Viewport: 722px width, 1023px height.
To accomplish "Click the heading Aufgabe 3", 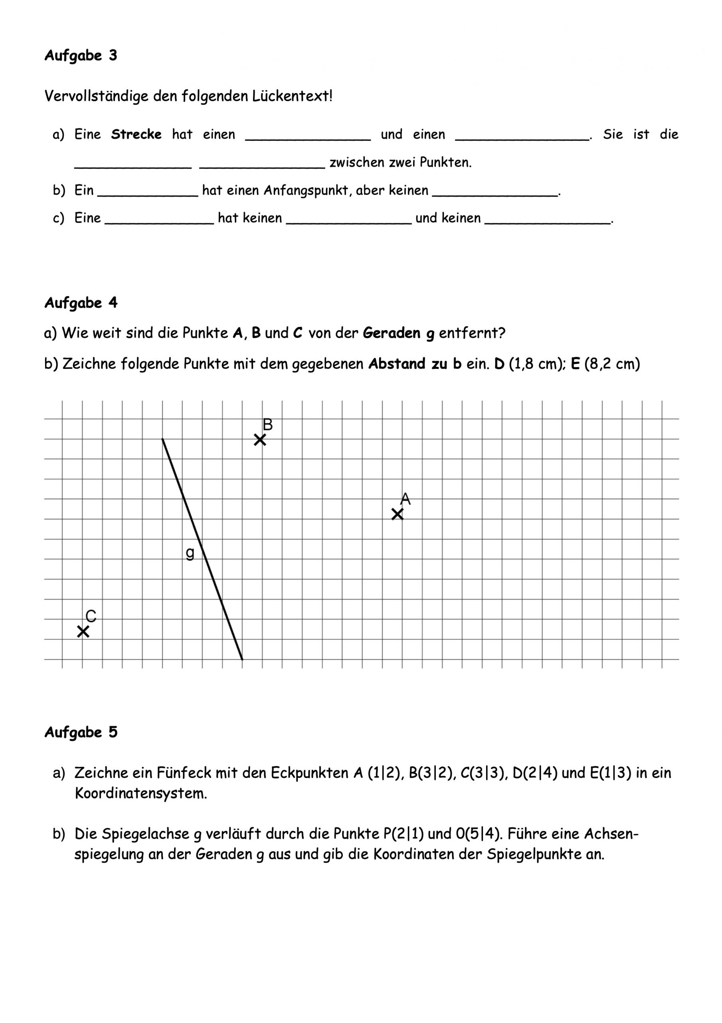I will click(81, 55).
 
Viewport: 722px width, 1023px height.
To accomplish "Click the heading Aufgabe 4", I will click(81, 303).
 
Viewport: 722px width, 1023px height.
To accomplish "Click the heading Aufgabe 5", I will click(81, 732).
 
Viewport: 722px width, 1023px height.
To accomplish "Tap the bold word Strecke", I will click(136, 134).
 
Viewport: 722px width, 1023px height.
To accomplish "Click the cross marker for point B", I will click(260, 440).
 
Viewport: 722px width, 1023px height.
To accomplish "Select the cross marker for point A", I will click(397, 514).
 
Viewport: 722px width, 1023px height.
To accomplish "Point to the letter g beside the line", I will click(190, 553).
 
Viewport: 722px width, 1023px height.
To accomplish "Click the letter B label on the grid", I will click(267, 424).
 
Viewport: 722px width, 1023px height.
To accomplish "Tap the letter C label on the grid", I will click(91, 616).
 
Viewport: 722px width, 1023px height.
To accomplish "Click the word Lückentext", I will click(292, 96).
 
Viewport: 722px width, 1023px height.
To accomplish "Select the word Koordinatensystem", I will click(140, 794).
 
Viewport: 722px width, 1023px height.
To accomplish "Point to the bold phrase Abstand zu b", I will click(415, 364).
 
